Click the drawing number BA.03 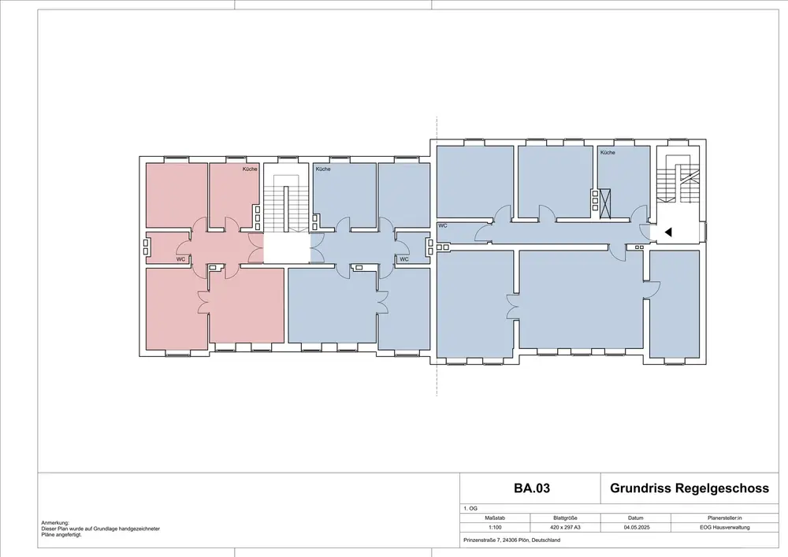(532, 488)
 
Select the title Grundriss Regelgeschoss (689, 488)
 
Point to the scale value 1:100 (495, 527)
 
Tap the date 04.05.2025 (636, 527)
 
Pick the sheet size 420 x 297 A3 (566, 527)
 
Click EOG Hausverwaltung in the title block (725, 527)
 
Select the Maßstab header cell (495, 518)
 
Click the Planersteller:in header (725, 518)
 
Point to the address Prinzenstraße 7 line (511, 540)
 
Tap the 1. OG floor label (470, 509)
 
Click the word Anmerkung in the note (55, 523)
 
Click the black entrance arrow (668, 232)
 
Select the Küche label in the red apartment (250, 169)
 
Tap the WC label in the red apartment (180, 259)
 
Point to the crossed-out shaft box (605, 203)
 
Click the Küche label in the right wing (608, 152)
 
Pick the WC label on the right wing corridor (443, 226)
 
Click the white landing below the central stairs (287, 248)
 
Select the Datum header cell (636, 518)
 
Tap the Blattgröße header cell (565, 518)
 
